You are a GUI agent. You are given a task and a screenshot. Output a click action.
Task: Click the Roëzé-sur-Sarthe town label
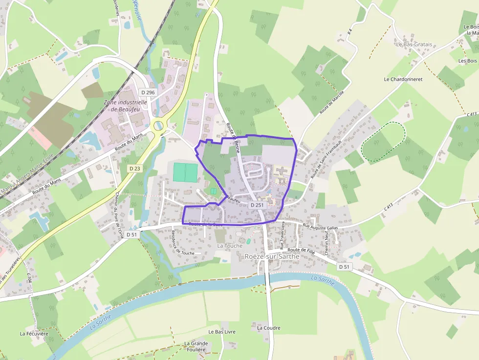tap(272, 256)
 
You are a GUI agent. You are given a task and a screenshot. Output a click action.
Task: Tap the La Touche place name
tap(229, 246)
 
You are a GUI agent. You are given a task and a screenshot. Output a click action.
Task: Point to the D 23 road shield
tap(135, 168)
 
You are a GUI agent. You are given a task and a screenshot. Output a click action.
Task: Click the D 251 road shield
tap(257, 205)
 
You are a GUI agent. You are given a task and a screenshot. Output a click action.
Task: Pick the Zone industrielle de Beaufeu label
tap(125, 106)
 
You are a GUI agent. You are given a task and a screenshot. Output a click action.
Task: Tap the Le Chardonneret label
tap(403, 79)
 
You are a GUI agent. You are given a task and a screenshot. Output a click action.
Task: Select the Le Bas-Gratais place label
tap(414, 44)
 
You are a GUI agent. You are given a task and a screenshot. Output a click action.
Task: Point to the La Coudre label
tap(268, 328)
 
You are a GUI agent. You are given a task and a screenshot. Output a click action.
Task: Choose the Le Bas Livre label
tap(222, 332)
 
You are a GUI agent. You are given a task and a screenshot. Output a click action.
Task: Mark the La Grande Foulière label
tap(196, 346)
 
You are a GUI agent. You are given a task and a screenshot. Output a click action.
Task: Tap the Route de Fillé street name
tap(301, 250)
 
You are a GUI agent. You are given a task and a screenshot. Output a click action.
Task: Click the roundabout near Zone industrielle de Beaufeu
tap(159, 126)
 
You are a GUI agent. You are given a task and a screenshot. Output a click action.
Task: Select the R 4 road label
tap(349, 32)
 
